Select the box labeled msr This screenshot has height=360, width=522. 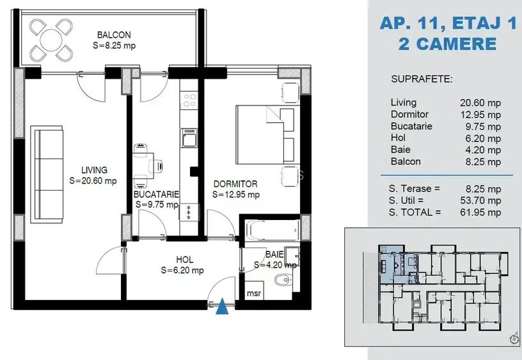tap(254, 294)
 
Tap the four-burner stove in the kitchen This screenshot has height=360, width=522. tap(189, 100)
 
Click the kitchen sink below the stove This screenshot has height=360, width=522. tap(189, 137)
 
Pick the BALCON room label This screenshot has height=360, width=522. tap(114, 35)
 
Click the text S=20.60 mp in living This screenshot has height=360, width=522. tap(93, 181)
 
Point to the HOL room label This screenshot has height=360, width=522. tap(184, 260)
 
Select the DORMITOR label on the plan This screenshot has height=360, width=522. tap(235, 184)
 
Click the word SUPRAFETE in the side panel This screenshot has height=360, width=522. tap(421, 79)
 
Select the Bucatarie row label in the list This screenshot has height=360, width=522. tap(411, 126)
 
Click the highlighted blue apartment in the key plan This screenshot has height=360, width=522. tap(391, 262)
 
